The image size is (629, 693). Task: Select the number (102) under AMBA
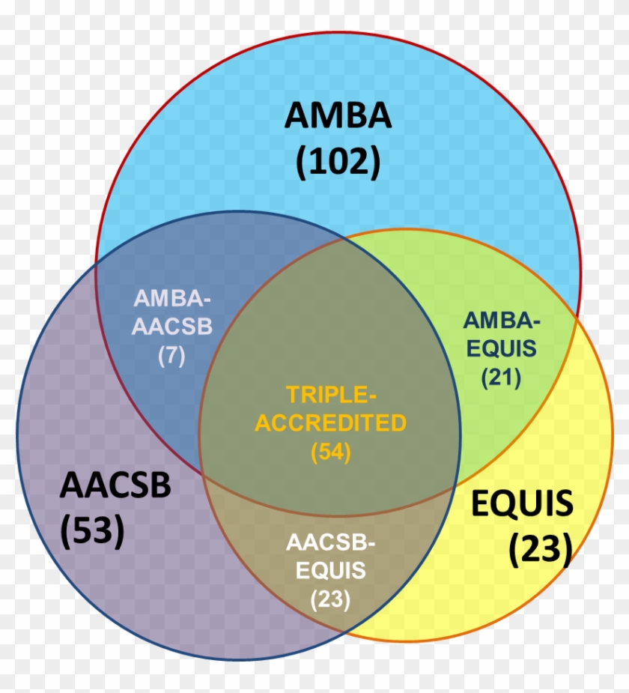tap(338, 160)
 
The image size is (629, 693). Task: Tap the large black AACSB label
tap(115, 485)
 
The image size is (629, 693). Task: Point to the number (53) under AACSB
tap(92, 530)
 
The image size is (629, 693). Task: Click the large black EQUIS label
tap(521, 503)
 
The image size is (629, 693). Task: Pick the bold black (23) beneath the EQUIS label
tap(540, 549)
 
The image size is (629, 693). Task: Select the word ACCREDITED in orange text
tap(330, 423)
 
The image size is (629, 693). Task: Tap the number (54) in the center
tap(330, 452)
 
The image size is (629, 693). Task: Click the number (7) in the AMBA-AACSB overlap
tap(171, 356)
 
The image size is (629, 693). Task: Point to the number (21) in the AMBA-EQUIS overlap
tap(500, 378)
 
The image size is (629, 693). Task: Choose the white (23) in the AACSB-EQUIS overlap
tap(330, 599)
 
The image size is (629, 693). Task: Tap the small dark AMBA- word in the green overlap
tap(501, 320)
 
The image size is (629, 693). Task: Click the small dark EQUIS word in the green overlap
tap(500, 348)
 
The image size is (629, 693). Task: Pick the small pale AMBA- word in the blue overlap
tap(172, 297)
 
